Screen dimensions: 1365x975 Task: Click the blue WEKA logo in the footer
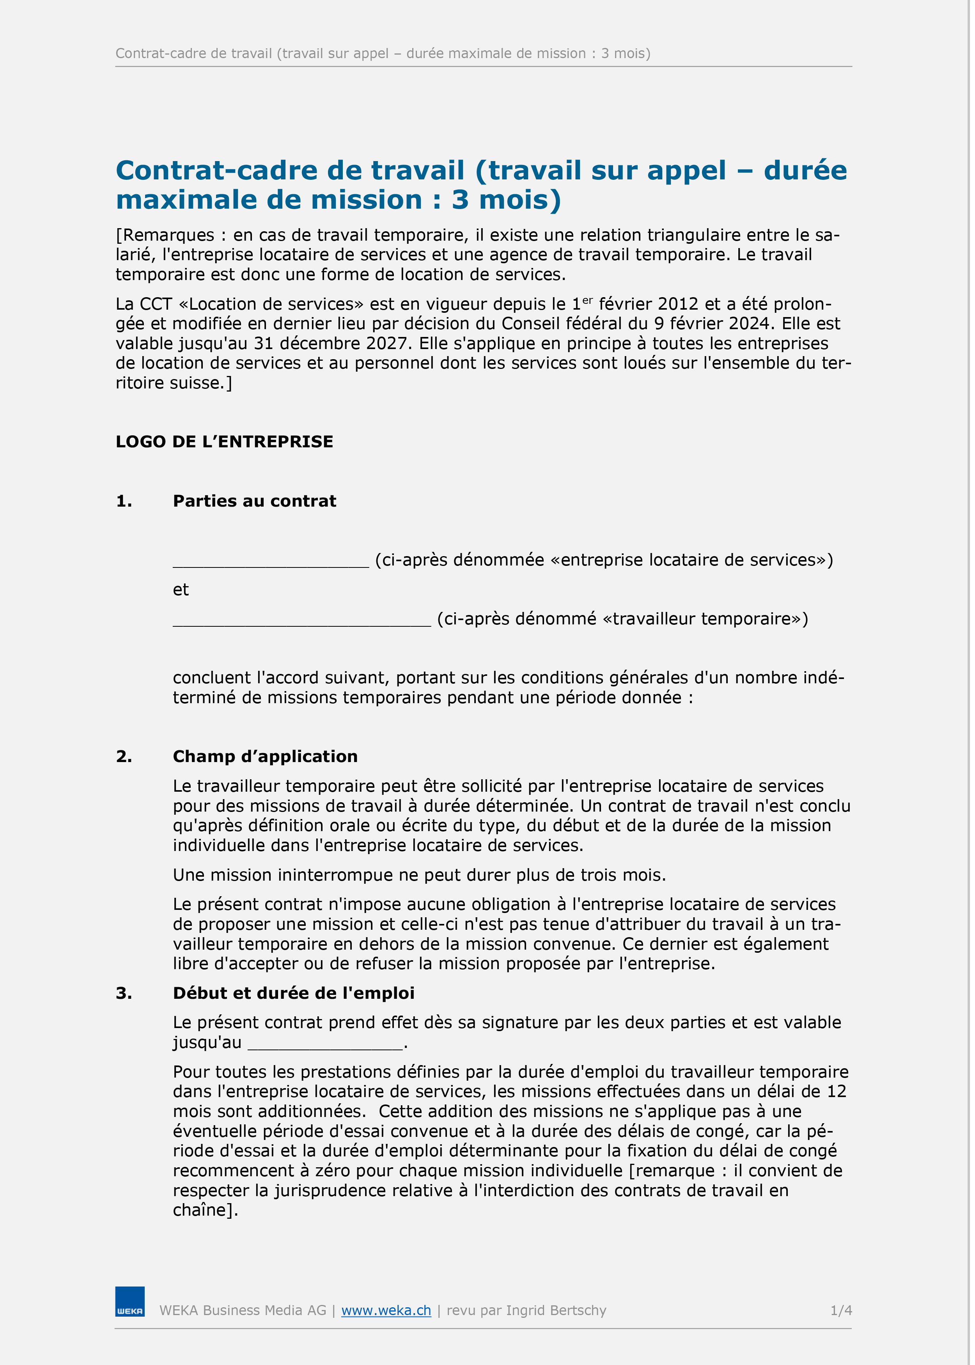[130, 1301]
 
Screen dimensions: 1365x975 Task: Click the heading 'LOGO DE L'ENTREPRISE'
[224, 442]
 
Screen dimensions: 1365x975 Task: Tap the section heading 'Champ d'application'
[265, 756]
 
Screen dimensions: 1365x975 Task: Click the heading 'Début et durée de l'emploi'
[294, 993]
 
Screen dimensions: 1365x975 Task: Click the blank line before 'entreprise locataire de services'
[271, 561]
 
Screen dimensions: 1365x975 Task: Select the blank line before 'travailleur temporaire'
[301, 620]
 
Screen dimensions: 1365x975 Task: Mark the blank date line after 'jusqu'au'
[325, 1044]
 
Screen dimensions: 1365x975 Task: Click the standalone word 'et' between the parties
[181, 589]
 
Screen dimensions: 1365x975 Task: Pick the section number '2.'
[124, 756]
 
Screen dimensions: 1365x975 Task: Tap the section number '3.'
[124, 993]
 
